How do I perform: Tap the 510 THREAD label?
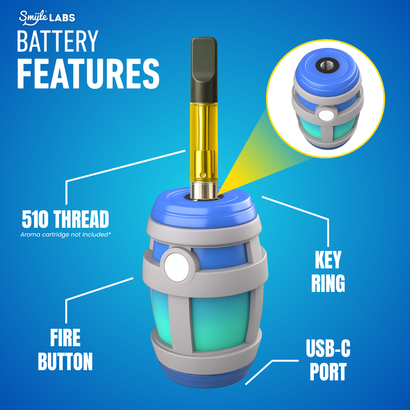tap(65, 219)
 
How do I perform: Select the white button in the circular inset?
tap(325, 116)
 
